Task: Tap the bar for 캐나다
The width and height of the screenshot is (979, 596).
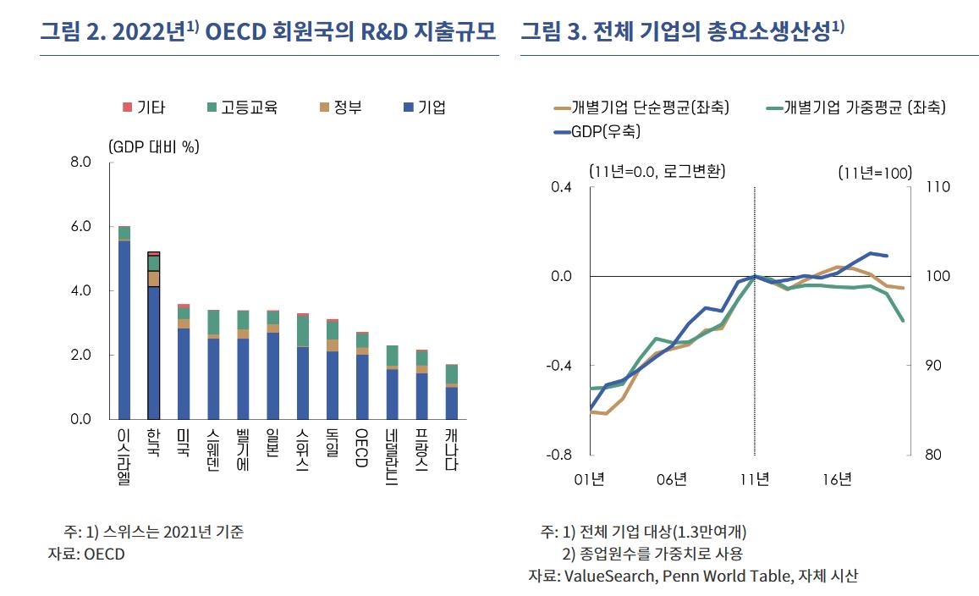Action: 452,391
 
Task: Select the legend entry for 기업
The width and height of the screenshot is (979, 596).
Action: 424,108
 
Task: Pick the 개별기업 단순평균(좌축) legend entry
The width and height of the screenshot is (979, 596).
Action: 642,107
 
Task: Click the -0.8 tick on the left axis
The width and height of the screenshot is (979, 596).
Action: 561,455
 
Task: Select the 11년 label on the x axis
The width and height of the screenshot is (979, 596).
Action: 754,480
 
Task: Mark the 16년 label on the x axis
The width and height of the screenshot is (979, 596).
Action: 836,480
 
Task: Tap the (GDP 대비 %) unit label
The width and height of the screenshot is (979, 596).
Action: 153,146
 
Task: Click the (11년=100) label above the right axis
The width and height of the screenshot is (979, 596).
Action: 875,172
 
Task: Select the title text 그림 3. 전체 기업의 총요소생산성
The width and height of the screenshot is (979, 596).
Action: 682,32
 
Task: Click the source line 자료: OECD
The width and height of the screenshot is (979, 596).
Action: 86,555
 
